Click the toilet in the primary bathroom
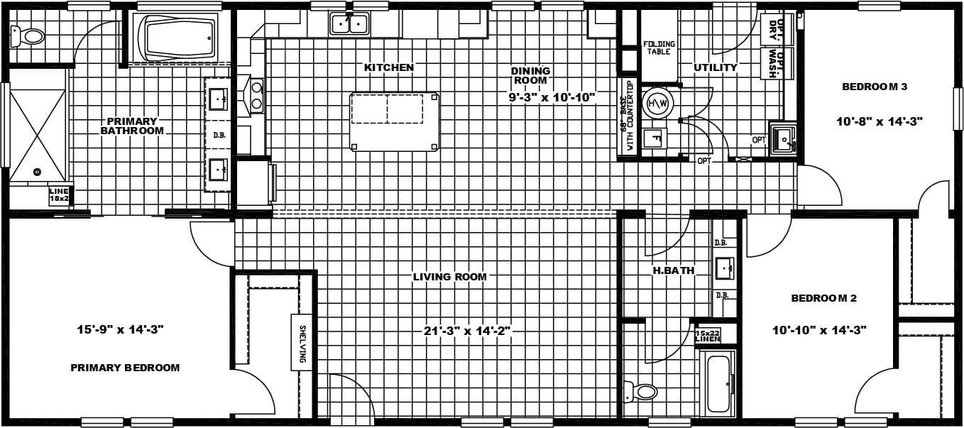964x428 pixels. coord(28,35)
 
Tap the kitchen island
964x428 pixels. coord(394,121)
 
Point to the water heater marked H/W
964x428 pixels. coord(656,104)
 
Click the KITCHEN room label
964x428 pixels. coord(388,67)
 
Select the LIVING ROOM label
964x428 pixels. coord(450,277)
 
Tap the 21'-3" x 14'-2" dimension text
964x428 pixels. coord(467,330)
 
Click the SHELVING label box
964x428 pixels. coord(302,342)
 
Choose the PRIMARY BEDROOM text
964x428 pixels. coord(125,368)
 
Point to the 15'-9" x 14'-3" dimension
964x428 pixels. coord(121,329)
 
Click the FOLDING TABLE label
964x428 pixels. coord(659,48)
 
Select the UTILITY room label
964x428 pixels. coord(716,67)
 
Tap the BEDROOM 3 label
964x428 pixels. coord(875,87)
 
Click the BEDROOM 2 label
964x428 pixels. coord(823,298)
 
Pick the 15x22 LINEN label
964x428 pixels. coord(707,336)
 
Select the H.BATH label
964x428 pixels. coord(674,270)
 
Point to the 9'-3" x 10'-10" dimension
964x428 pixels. coord(552,97)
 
